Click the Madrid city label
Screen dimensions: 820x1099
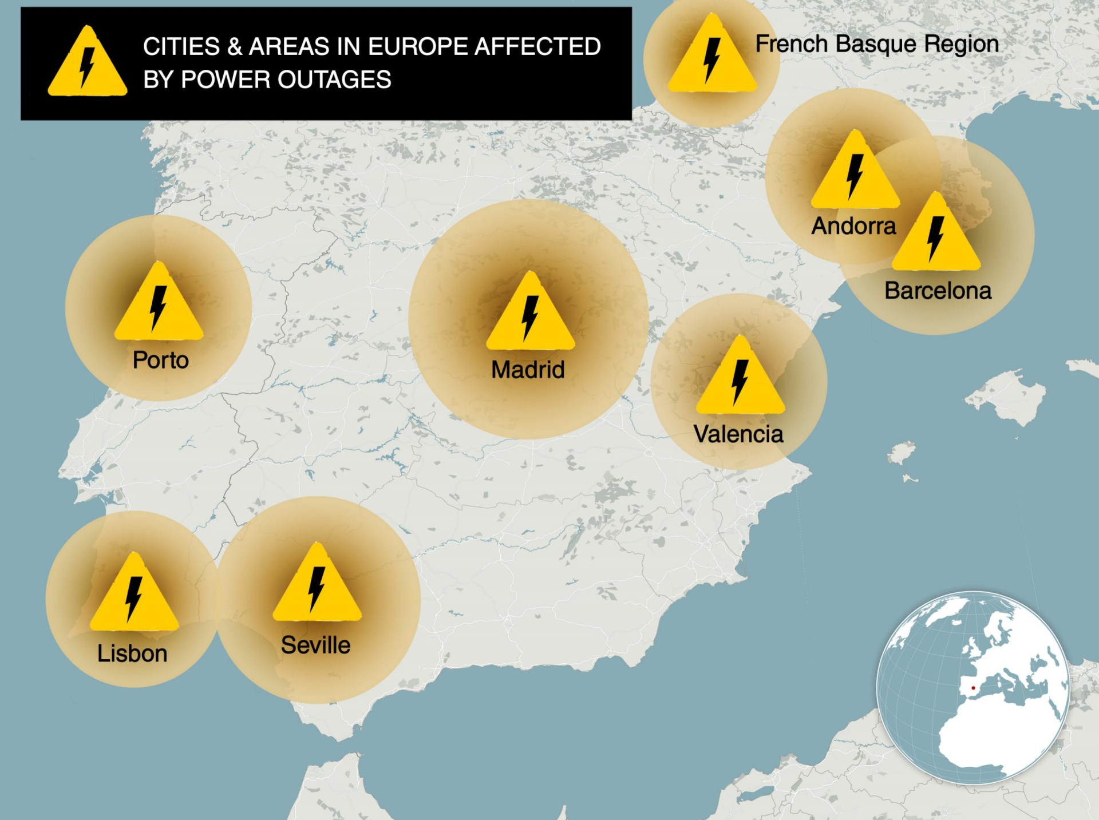pyautogui.click(x=528, y=370)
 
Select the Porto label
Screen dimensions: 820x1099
pyautogui.click(x=161, y=360)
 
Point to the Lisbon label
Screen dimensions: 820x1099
pyautogui.click(x=132, y=653)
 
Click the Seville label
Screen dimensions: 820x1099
pyautogui.click(x=315, y=645)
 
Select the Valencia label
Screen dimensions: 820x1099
pyautogui.click(x=738, y=434)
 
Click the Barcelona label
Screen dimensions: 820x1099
pyautogui.click(x=938, y=291)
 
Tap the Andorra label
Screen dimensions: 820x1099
pyautogui.click(x=853, y=226)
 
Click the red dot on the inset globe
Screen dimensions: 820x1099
pyautogui.click(x=973, y=688)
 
